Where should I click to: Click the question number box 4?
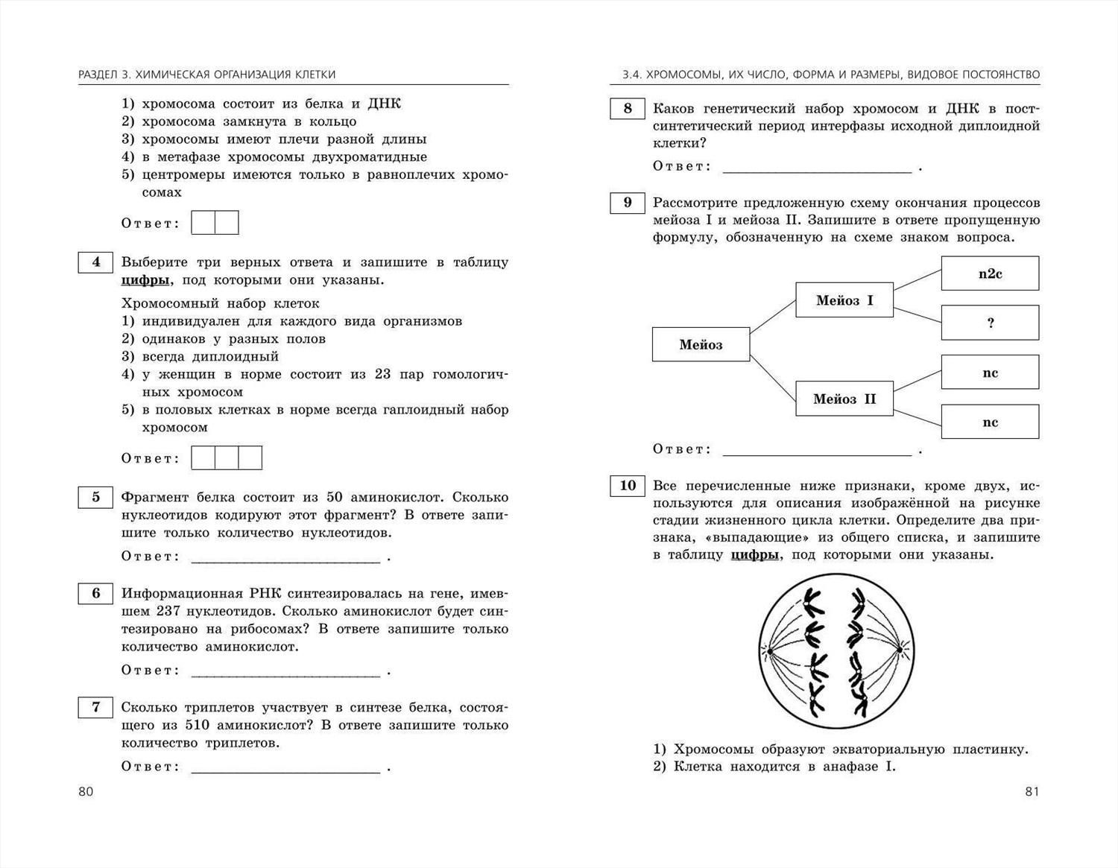[95, 262]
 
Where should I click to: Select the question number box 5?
[95, 498]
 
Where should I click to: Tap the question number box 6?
[95, 594]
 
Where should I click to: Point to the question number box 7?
[95, 707]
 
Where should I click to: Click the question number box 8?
[628, 109]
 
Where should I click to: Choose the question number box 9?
[628, 203]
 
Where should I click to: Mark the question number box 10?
[628, 486]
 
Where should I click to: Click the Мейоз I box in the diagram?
[844, 300]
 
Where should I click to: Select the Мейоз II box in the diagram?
[844, 399]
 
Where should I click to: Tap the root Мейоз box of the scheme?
[701, 344]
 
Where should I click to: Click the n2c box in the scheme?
[990, 273]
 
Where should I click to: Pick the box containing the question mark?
[990, 323]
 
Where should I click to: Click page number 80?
[86, 791]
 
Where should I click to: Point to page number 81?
[1032, 791]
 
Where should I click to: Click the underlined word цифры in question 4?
[145, 281]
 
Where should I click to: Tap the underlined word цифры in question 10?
[755, 555]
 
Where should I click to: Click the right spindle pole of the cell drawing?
[900, 650]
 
